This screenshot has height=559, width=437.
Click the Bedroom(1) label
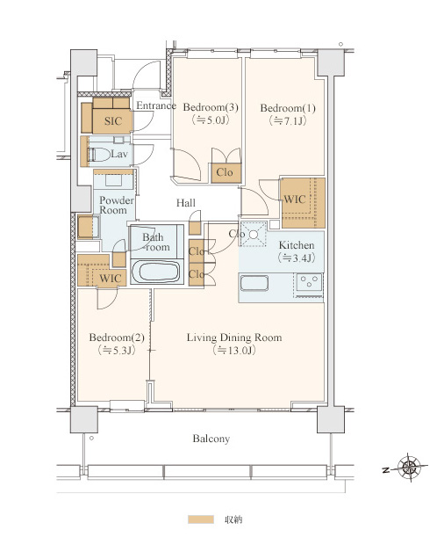[x=288, y=108]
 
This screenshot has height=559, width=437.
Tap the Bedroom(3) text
[x=211, y=107]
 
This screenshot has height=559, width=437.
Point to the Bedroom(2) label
[x=117, y=338]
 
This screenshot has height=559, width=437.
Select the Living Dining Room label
[x=234, y=338]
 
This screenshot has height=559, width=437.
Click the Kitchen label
[x=297, y=245]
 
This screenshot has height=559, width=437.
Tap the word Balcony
[x=211, y=439]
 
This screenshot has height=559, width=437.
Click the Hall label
[x=186, y=203]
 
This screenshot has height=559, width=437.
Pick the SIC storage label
[x=113, y=121]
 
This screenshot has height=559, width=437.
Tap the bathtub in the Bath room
[x=157, y=272]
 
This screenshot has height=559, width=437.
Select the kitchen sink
[x=254, y=283]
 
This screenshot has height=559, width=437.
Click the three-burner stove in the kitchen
[x=309, y=282]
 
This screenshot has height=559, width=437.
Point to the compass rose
[x=409, y=468]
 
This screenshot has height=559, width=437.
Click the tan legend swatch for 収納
[x=201, y=519]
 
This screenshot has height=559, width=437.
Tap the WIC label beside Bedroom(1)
[x=295, y=200]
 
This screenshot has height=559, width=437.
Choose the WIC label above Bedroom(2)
[x=111, y=279]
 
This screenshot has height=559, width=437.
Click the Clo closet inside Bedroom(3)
[x=225, y=172]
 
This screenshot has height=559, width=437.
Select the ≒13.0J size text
[x=234, y=350]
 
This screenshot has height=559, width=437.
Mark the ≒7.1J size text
[x=288, y=121]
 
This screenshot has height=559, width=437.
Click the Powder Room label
[x=116, y=205]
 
